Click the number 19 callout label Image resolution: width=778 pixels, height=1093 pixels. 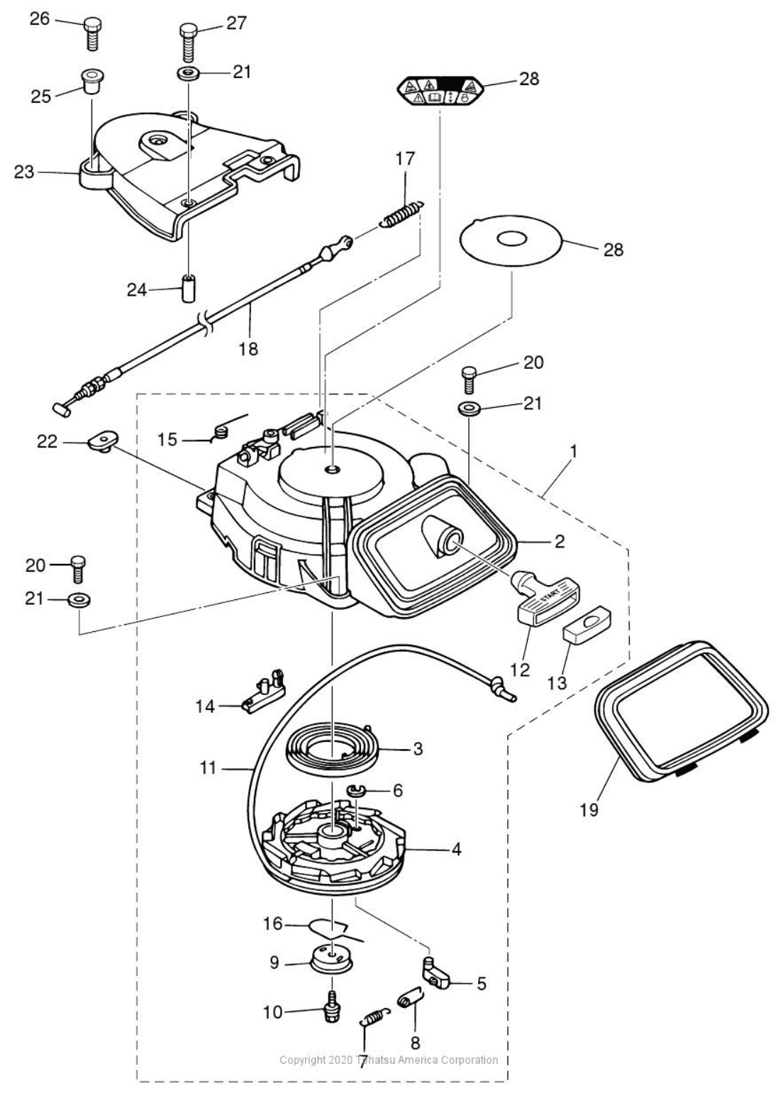[589, 809]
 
